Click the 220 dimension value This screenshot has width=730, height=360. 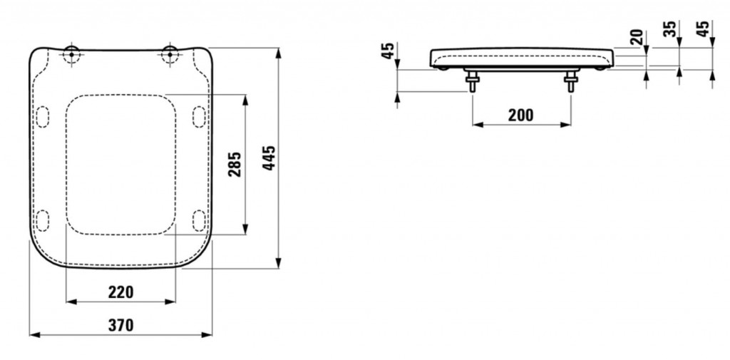click(x=121, y=292)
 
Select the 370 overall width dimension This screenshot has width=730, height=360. click(x=121, y=325)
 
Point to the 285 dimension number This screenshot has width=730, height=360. click(x=235, y=164)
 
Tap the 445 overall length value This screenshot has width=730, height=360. click(x=269, y=158)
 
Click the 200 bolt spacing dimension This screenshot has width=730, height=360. click(x=521, y=115)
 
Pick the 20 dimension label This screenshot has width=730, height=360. click(x=638, y=37)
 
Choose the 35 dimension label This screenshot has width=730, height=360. click(x=670, y=29)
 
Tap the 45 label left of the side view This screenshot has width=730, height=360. click(x=388, y=51)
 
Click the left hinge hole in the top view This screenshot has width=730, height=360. click(x=71, y=54)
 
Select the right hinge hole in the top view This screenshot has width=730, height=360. click(x=170, y=54)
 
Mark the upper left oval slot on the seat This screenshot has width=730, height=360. click(x=42, y=116)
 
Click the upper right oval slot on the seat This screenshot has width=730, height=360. click(x=199, y=116)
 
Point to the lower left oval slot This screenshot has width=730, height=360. click(x=42, y=220)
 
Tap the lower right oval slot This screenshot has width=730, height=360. click(x=199, y=220)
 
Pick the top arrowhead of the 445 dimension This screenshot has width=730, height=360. click(x=279, y=53)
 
